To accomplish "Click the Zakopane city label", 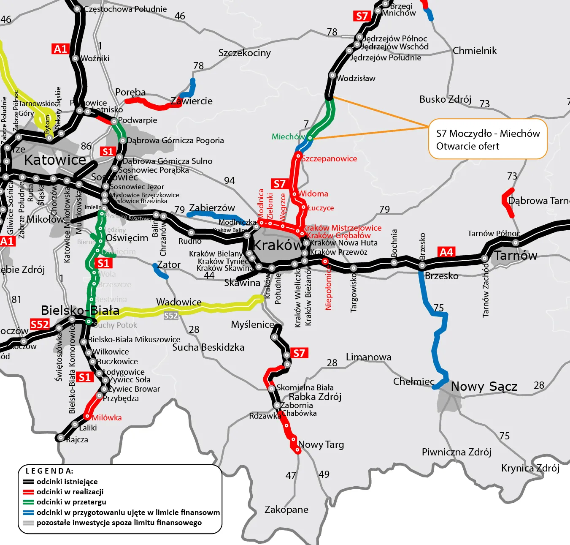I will (x=286, y=510).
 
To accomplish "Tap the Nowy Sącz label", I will (x=484, y=386).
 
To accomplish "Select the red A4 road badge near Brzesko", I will (x=446, y=252).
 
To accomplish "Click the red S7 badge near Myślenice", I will (x=299, y=353).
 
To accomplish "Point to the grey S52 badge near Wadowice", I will (x=171, y=316).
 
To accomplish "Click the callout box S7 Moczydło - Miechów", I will (x=488, y=139).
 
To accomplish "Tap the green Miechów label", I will (x=288, y=136).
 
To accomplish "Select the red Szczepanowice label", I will (x=330, y=159).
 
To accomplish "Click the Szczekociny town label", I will (x=244, y=53).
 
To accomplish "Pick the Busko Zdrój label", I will (x=445, y=99).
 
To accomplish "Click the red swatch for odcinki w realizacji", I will (x=28, y=492).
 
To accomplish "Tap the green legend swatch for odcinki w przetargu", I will (x=28, y=502).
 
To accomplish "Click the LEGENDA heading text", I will (x=49, y=471).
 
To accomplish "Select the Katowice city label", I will (x=55, y=160).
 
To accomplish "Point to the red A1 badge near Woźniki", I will (x=60, y=49).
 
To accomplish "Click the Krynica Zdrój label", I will (x=530, y=468).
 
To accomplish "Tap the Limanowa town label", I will (x=368, y=357).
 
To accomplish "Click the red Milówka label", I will (x=107, y=418).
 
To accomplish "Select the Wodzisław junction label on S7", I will (x=356, y=78).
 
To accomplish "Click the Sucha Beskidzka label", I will (x=208, y=347).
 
